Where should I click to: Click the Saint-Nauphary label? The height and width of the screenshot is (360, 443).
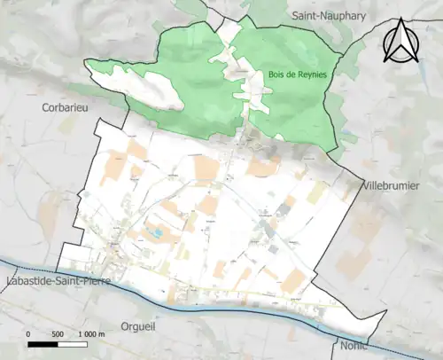327,16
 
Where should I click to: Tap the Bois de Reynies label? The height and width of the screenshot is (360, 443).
297,74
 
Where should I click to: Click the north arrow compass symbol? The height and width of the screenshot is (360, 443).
401,42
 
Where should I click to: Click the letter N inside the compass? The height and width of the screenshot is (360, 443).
401,46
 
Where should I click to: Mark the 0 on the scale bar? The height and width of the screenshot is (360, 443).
29,333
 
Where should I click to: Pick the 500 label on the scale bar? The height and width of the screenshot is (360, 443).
58,333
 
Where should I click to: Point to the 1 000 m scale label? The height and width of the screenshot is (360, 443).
91,333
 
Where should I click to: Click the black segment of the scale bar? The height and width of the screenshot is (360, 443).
43,343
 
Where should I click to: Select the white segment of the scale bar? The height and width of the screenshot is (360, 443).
72,343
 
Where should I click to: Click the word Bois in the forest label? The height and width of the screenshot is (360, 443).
275,74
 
